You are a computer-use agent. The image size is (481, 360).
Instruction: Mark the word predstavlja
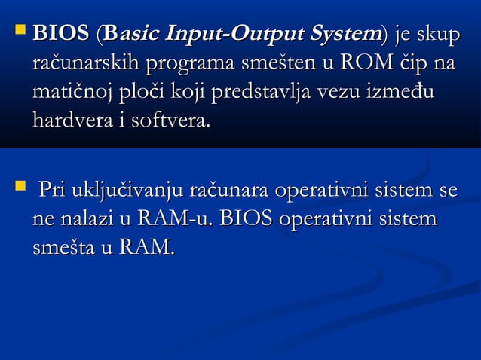point(262,94)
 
